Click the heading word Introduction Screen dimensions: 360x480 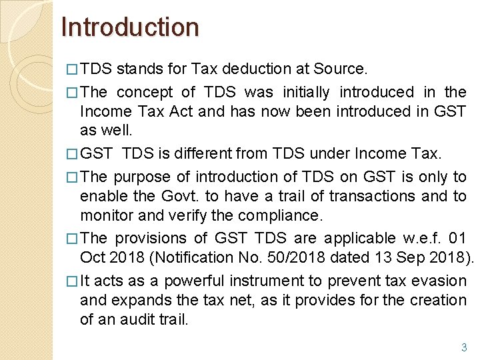pyautogui.click(x=130, y=27)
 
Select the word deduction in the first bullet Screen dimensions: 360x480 pyautogui.click(x=252, y=69)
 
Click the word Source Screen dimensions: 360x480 pyautogui.click(x=340, y=69)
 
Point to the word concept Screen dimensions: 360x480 pyautogui.click(x=145, y=91)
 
